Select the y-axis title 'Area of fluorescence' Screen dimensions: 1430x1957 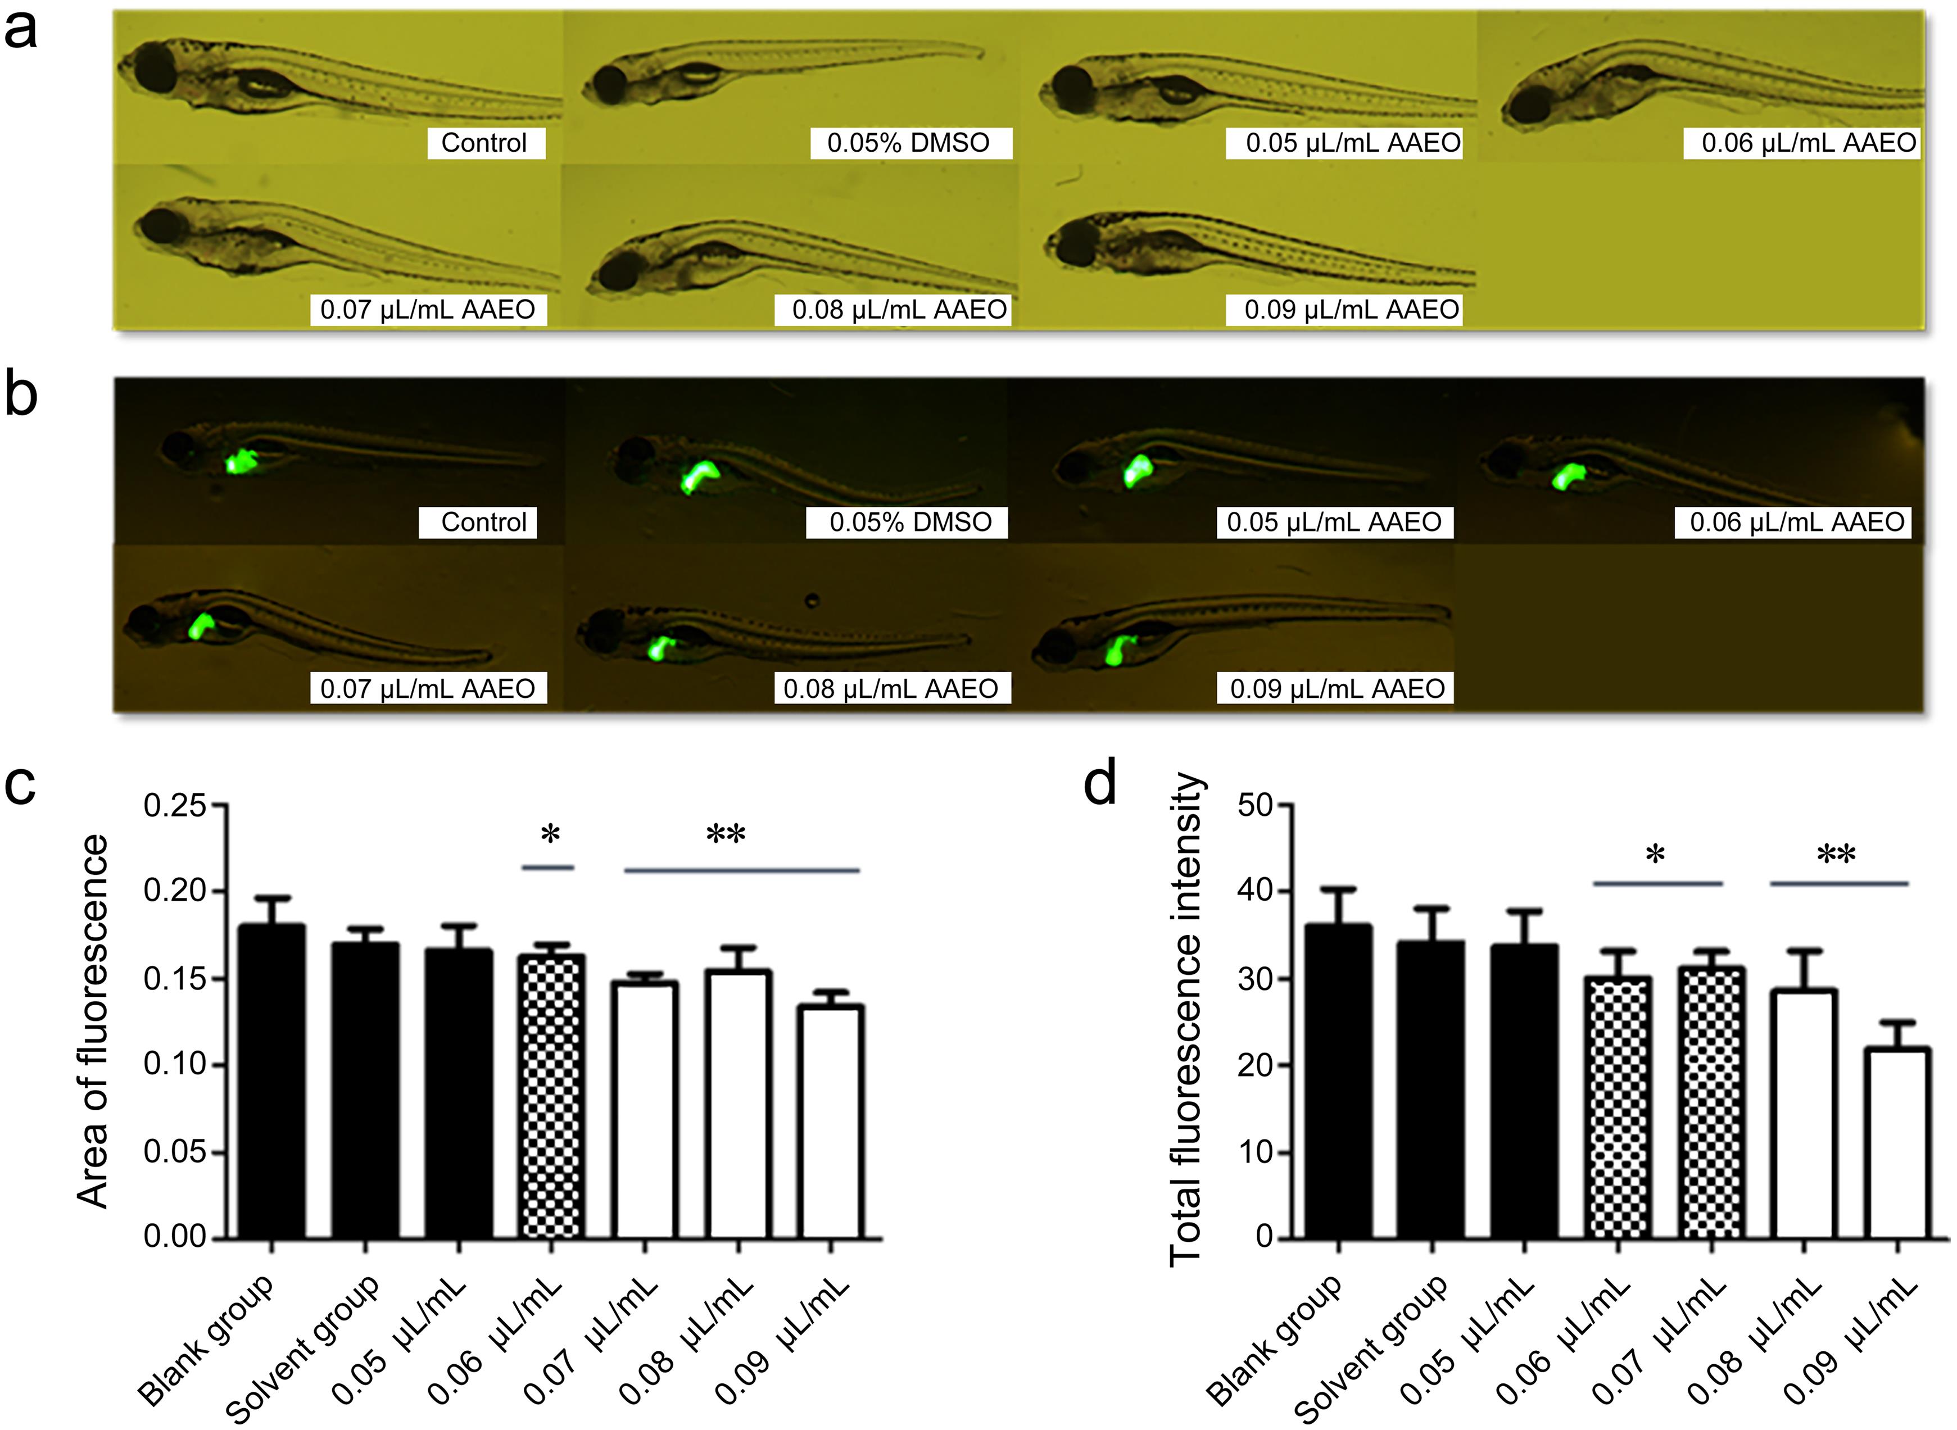click(93, 1022)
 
